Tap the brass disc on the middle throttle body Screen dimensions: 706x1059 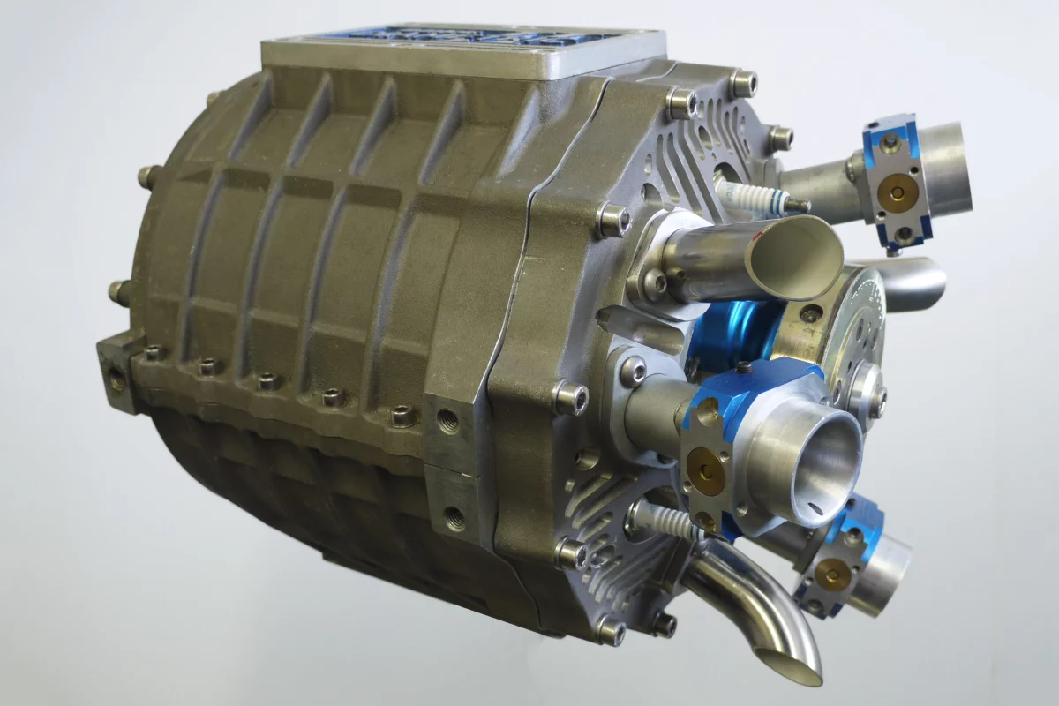[703, 466]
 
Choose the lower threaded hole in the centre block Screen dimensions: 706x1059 [454, 519]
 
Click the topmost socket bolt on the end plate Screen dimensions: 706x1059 [743, 84]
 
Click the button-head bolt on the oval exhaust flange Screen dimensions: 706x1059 [655, 282]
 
